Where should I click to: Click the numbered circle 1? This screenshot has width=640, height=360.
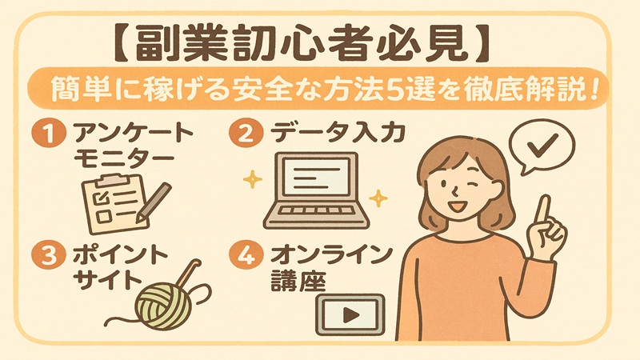49,134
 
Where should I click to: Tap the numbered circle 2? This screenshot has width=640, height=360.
245,134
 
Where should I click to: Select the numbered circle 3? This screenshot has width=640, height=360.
49,256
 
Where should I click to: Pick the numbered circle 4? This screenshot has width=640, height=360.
245,255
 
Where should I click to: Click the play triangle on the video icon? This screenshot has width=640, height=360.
350,314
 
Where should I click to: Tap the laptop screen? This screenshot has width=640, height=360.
317,176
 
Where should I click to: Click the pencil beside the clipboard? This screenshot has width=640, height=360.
153,202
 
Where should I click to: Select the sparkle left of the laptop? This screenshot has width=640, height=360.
252,178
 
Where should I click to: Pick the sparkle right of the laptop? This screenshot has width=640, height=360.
378,198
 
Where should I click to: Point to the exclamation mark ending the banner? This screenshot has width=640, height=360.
592,89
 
